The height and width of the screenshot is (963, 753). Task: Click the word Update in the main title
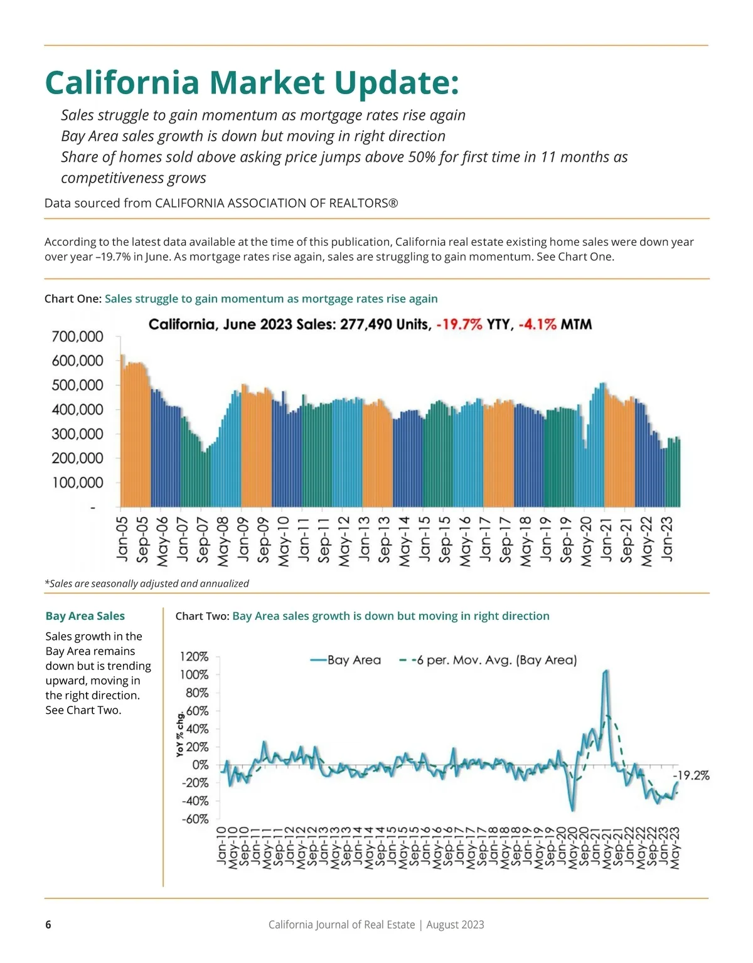(397, 83)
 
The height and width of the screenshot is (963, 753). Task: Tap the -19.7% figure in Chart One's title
(459, 324)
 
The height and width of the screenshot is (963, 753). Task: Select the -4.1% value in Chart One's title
(538, 324)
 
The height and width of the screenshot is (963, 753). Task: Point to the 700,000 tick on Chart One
(77, 337)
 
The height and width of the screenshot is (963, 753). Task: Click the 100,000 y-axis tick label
(77, 483)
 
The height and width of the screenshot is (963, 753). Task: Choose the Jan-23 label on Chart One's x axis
(666, 538)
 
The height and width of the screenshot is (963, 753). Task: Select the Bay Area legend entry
(346, 660)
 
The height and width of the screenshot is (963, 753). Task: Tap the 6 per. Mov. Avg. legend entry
(489, 660)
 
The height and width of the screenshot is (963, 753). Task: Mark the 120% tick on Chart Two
(194, 657)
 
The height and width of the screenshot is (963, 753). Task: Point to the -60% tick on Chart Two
(195, 819)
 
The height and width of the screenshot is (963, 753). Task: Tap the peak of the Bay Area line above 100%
(606, 671)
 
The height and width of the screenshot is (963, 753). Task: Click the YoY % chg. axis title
(180, 734)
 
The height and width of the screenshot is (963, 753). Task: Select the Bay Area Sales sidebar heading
(85, 616)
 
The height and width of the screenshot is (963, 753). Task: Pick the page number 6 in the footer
(48, 925)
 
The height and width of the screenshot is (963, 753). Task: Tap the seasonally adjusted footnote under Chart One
(147, 583)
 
